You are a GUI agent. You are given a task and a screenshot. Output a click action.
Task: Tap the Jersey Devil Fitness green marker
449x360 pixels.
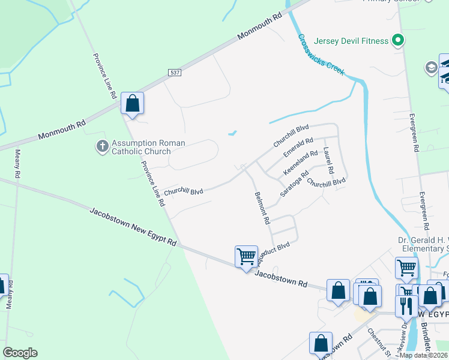(x=397, y=41)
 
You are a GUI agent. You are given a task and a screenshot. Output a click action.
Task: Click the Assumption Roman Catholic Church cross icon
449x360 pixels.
(x=103, y=146)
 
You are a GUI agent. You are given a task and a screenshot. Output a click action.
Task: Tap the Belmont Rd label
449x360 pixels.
(x=262, y=208)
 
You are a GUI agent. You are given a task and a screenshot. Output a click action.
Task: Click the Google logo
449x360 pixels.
(x=20, y=353)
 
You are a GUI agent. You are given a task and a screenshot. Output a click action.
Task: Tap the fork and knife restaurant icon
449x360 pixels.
(x=406, y=306)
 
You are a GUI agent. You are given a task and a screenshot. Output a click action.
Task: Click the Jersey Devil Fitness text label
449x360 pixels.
(x=356, y=41)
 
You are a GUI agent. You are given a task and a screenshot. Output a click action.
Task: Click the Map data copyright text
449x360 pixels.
(x=424, y=355)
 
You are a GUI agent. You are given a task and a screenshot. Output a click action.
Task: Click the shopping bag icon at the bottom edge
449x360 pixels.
(x=321, y=343)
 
